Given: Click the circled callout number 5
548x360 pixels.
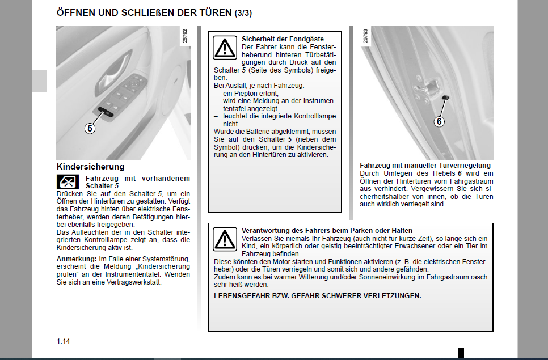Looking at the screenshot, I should click(x=90, y=128).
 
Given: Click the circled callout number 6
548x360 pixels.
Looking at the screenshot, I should click(x=439, y=121).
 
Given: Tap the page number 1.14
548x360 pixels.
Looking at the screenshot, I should click(x=63, y=341).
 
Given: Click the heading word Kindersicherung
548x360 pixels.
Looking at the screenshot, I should click(x=90, y=167).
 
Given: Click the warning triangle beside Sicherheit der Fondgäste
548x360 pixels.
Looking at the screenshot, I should click(x=225, y=48).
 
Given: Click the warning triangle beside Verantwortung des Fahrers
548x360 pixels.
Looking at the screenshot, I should click(x=225, y=239).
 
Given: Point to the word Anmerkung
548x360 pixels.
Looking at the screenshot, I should click(x=75, y=259).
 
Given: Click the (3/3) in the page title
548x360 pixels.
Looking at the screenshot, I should click(x=245, y=12).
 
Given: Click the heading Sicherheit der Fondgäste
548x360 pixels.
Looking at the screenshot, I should click(x=275, y=39).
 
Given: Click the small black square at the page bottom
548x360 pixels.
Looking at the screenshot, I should click(x=461, y=352).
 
